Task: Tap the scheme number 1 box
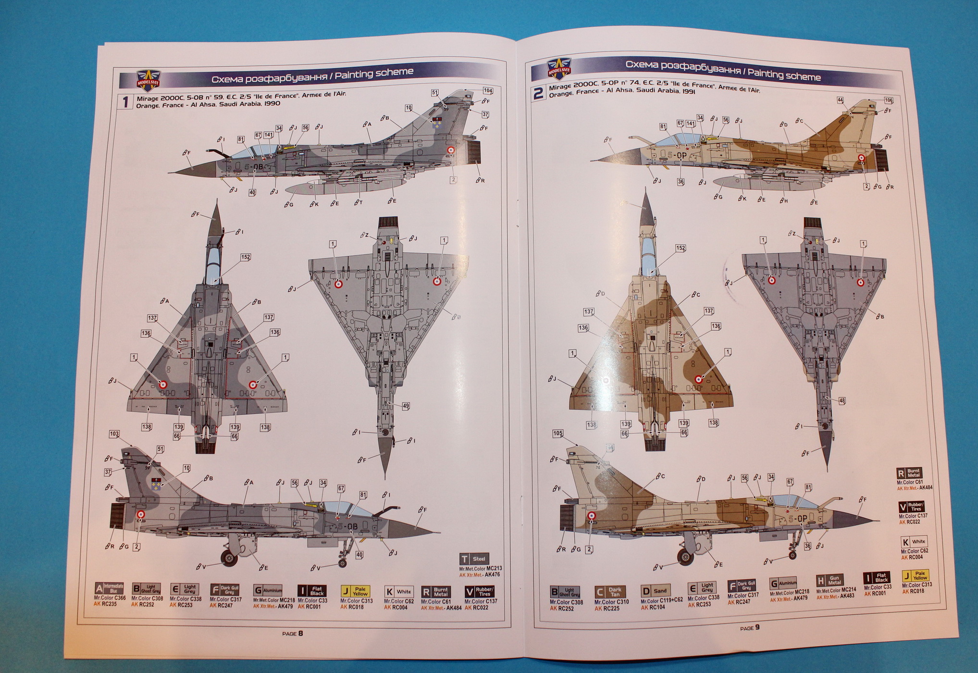coord(126,102)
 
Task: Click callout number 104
coord(488,90)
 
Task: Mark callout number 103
coord(114,434)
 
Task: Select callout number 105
coord(557,433)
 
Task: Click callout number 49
coord(406,406)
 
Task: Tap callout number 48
coord(842,400)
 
